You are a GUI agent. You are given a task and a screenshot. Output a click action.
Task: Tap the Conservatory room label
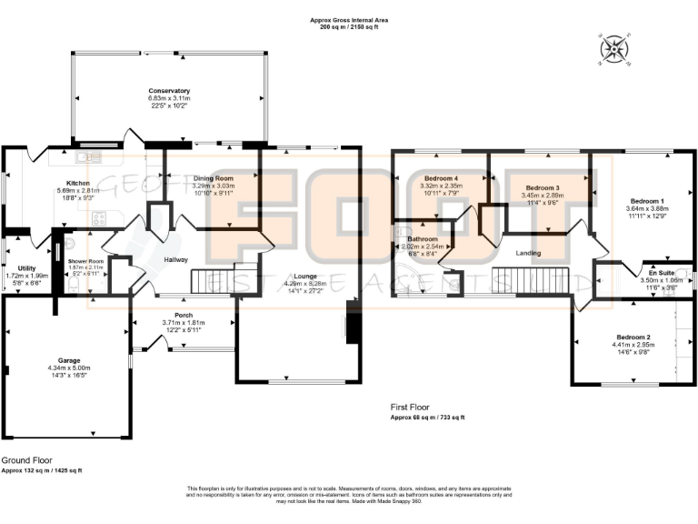(x=169, y=91)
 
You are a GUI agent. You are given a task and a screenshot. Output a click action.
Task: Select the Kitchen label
(x=78, y=183)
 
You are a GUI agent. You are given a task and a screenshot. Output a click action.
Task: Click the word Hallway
(x=175, y=259)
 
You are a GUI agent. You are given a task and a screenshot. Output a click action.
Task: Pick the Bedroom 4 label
(x=442, y=178)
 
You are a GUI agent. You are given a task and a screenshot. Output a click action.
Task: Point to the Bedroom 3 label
(x=543, y=186)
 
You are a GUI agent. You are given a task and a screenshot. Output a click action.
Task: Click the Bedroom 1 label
(x=650, y=200)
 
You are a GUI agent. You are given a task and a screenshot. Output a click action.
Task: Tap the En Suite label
(x=660, y=273)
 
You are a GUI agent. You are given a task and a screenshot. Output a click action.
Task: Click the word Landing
(x=528, y=253)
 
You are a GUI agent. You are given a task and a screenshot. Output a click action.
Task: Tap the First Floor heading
(x=412, y=408)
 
